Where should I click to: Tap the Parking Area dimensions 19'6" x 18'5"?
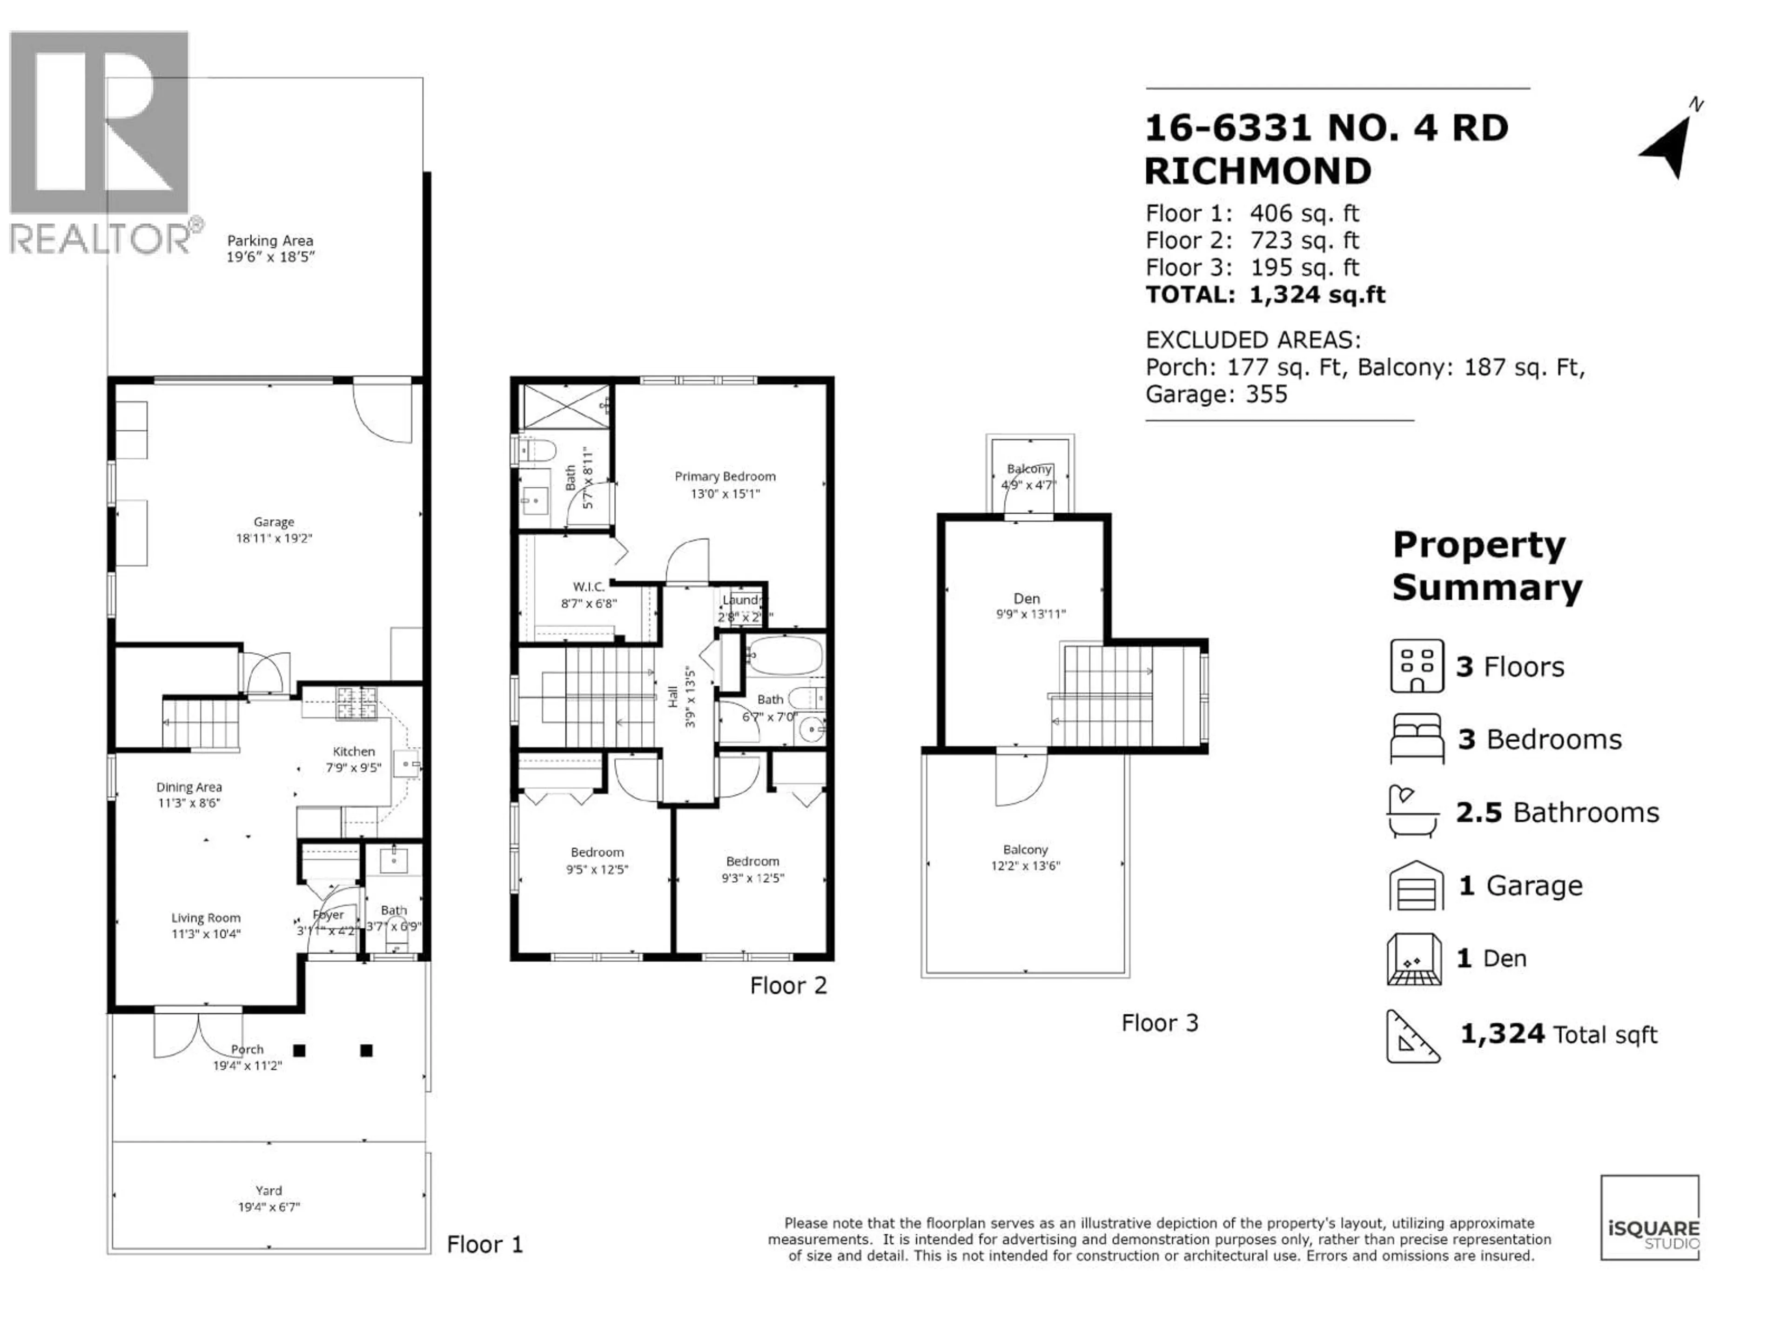pos(270,257)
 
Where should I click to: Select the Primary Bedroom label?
pos(725,476)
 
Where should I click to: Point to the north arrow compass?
pos(1670,145)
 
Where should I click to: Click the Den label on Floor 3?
pos(1026,598)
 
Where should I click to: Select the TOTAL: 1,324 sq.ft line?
pos(1265,295)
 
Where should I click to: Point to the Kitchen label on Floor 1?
pos(354,751)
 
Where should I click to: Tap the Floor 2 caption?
pos(788,985)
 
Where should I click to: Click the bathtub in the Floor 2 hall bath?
pos(783,655)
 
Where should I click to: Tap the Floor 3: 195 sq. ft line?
pos(1252,268)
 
